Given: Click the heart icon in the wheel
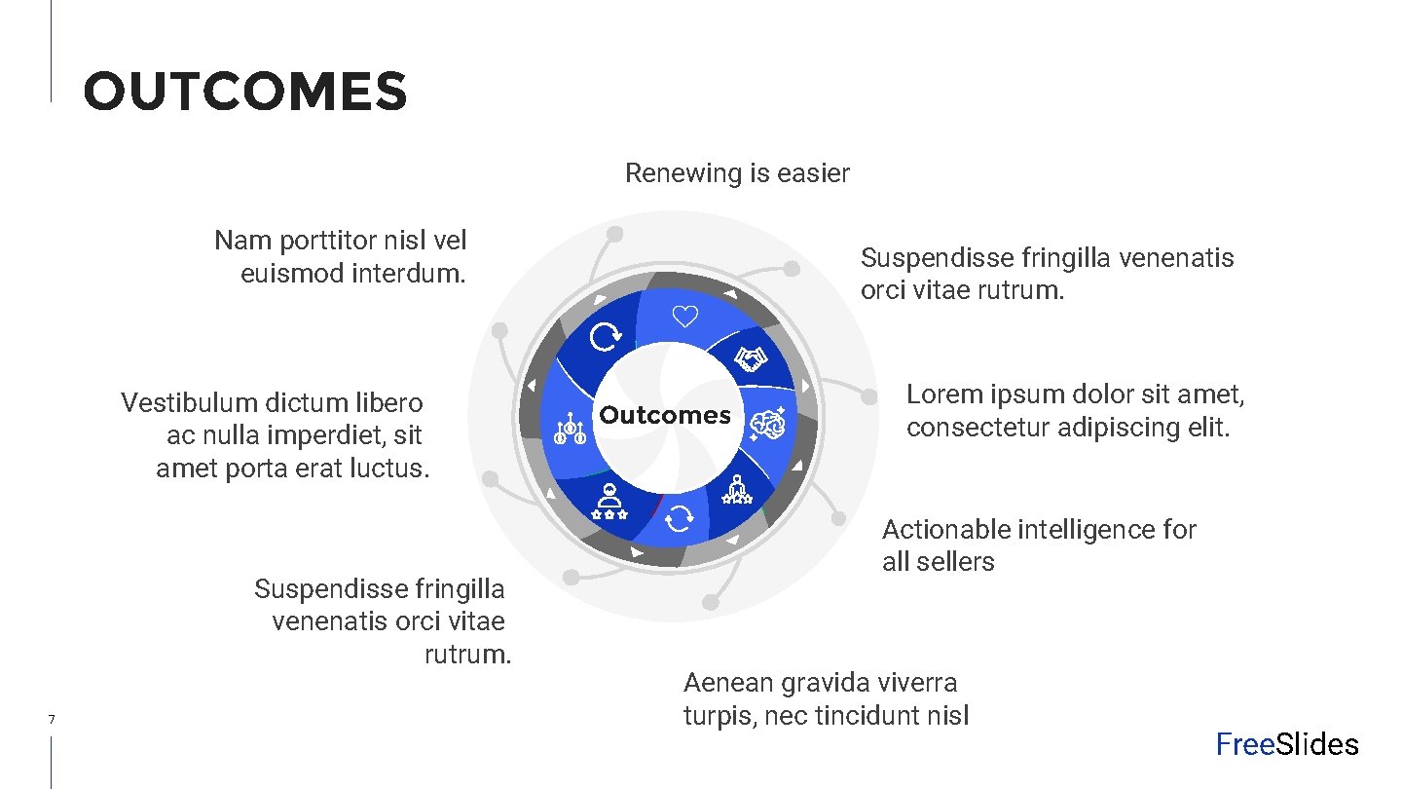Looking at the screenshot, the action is point(686,317).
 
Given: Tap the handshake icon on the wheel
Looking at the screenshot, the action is point(750,360).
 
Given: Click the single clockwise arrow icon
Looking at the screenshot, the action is point(606,337).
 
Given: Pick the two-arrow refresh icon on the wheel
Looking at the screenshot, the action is point(679,520).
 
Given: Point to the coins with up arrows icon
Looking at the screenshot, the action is point(569,430).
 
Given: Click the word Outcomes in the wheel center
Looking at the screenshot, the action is point(665,415).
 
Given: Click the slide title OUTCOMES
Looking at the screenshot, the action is point(245,92).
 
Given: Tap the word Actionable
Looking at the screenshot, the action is point(945,530).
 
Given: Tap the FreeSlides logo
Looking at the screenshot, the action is point(1286,745).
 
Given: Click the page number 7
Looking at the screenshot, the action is point(51,720).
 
